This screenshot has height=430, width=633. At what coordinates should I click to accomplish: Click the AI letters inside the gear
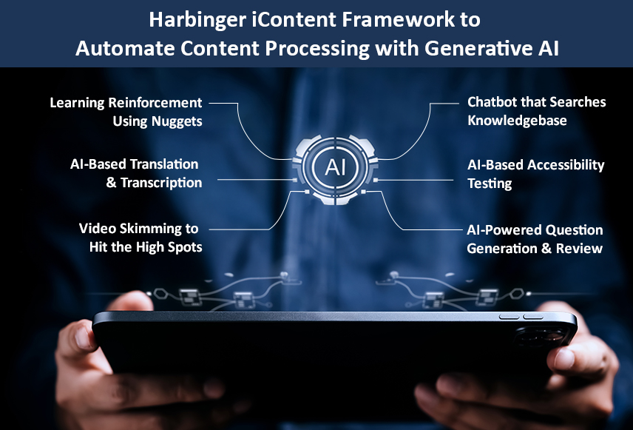336,167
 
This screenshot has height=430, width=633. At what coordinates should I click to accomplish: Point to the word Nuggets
177,121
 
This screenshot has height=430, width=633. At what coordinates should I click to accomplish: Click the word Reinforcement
155,103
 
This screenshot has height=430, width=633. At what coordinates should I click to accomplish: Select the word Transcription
161,183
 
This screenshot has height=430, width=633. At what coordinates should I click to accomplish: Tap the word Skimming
152,229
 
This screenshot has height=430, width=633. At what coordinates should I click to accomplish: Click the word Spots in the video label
185,247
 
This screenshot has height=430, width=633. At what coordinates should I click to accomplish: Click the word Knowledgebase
517,121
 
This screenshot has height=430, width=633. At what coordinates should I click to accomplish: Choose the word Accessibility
566,165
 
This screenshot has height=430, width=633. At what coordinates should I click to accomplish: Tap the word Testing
490,184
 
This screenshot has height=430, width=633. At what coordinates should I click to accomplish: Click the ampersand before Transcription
112,183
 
